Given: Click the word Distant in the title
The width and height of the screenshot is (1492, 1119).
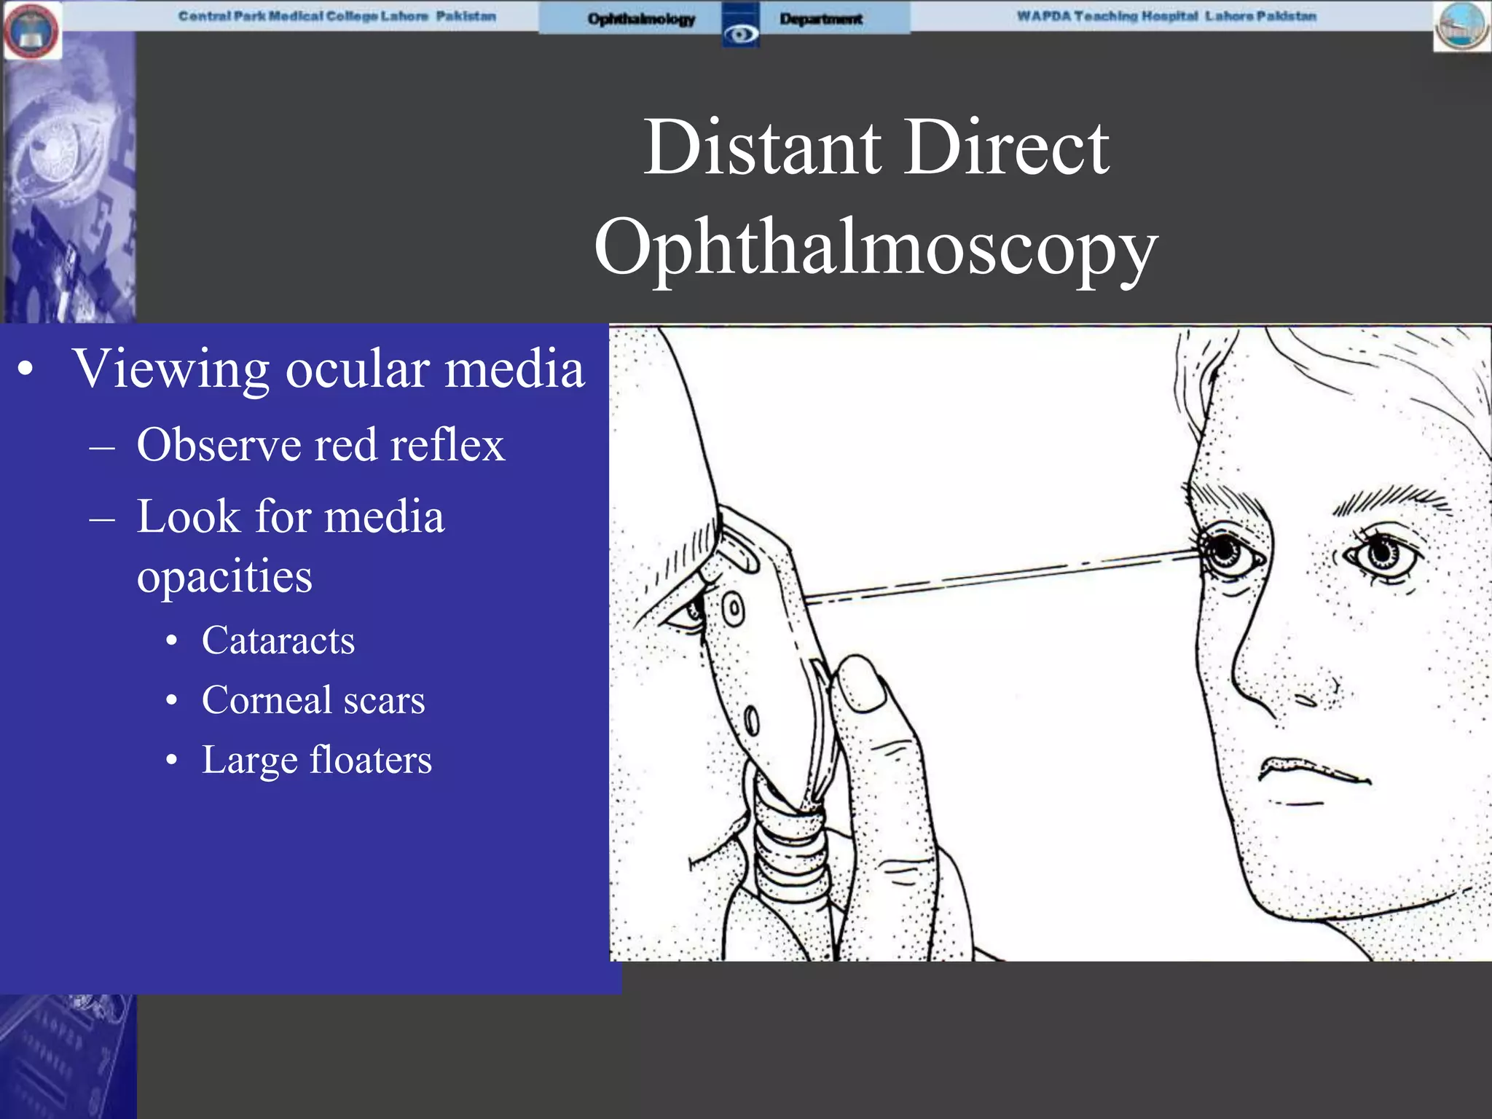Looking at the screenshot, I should pyautogui.click(x=761, y=148).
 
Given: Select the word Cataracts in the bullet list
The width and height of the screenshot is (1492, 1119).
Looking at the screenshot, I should pyautogui.click(x=278, y=641).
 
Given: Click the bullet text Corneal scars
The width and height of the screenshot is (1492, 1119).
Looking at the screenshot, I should pyautogui.click(x=313, y=700).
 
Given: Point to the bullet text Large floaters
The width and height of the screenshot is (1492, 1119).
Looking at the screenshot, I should pyautogui.click(x=316, y=760).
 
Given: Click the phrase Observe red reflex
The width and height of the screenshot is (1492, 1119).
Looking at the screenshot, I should pyautogui.click(x=321, y=445).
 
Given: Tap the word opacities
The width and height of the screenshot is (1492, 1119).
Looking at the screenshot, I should pyautogui.click(x=224, y=577).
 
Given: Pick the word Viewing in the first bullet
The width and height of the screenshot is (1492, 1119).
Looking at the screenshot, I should pyautogui.click(x=170, y=369).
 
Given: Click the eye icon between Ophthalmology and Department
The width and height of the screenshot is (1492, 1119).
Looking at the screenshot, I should pyautogui.click(x=740, y=33).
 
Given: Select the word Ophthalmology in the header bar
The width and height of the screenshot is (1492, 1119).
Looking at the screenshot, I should pyautogui.click(x=641, y=19).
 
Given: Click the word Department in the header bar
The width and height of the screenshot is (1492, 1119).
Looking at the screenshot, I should pyautogui.click(x=821, y=19).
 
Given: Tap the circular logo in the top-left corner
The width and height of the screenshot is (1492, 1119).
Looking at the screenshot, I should pyautogui.click(x=31, y=31).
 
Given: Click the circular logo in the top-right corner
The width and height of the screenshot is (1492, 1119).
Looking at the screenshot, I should pyautogui.click(x=1461, y=26).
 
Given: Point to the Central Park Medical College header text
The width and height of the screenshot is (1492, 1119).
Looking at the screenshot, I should pyautogui.click(x=337, y=16).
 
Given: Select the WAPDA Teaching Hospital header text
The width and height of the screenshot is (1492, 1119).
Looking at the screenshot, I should pyautogui.click(x=1166, y=16).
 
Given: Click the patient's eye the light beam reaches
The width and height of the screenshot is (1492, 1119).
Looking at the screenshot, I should pyautogui.click(x=1226, y=551).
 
